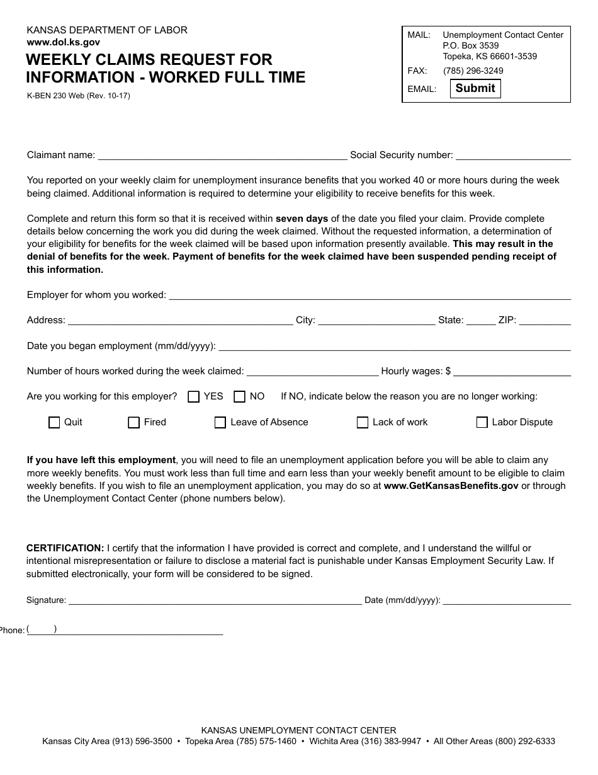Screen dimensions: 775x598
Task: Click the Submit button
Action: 475,88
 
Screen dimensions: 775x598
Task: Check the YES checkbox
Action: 194,397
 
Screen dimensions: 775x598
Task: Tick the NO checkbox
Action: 239,397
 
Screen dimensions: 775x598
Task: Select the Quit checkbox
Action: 54,423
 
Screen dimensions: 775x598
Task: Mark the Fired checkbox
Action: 133,423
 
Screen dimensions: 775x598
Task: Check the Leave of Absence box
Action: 220,423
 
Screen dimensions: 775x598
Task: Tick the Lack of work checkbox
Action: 363,423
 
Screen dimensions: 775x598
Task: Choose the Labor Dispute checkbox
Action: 482,423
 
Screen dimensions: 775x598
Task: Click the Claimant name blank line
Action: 222,155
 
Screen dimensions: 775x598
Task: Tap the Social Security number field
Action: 512,155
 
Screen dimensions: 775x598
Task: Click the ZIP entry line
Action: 544,320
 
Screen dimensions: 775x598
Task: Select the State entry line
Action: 481,320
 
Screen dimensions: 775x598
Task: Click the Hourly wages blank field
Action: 512,371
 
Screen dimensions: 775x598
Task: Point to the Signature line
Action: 215,600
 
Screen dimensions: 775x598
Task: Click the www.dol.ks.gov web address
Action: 63,42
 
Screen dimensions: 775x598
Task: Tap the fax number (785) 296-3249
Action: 473,71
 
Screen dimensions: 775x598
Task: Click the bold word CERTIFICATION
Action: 65,548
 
